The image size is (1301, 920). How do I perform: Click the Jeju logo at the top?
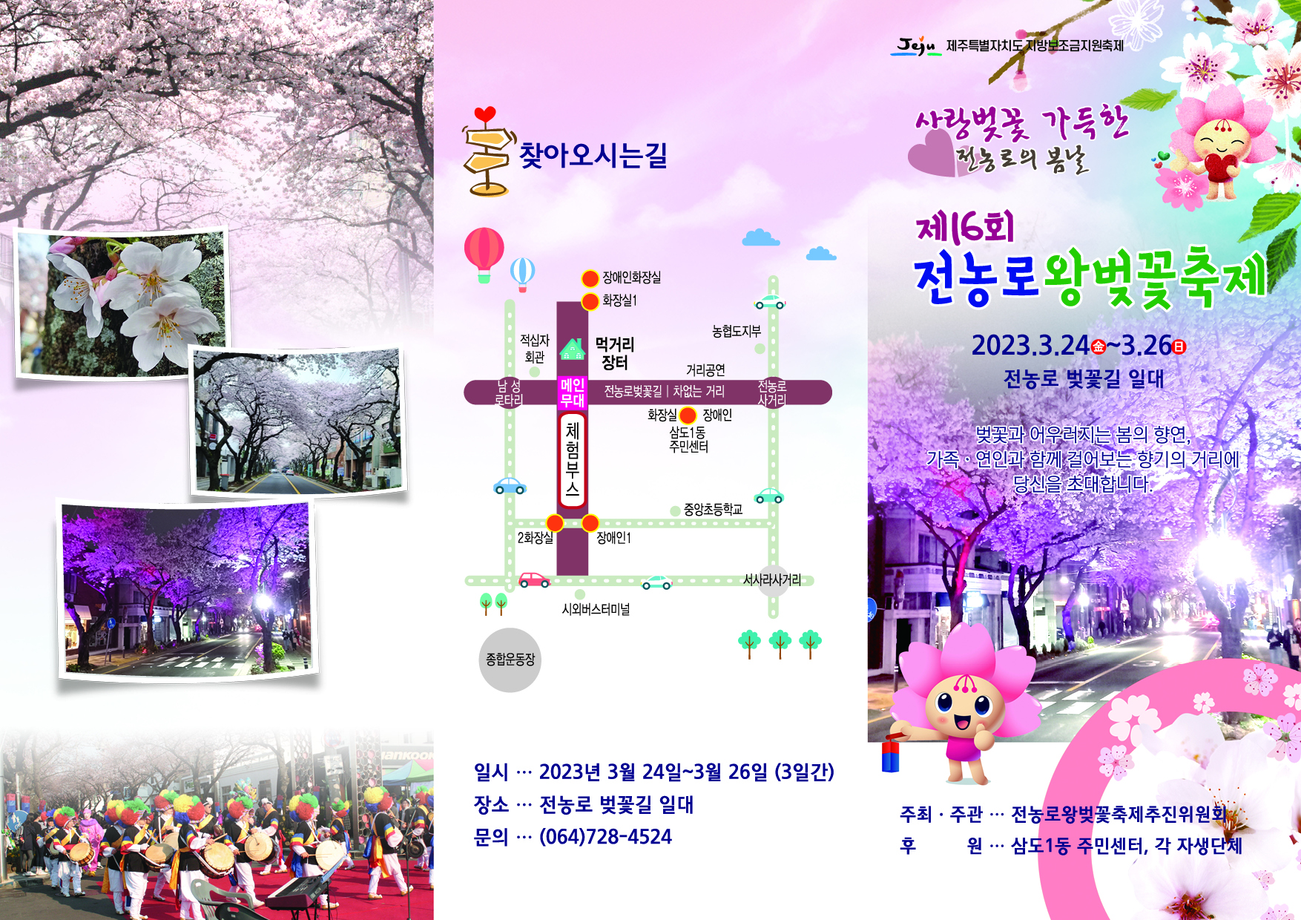pos(915,46)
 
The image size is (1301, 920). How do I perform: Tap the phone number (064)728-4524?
pos(605,837)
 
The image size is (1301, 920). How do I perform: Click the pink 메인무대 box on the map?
pos(572,392)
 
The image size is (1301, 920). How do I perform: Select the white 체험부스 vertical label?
pos(572,460)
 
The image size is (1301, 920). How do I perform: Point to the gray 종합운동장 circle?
pos(510,660)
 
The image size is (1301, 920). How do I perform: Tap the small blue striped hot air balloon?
pos(522,272)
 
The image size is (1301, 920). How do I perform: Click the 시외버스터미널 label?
pos(596,609)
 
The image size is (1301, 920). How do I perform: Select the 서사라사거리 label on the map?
pos(771,579)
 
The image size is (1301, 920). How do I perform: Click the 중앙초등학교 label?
pos(713,510)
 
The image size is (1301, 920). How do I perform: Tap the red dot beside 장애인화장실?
pos(590,278)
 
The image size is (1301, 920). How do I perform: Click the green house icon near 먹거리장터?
pos(572,349)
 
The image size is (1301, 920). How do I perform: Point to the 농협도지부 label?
pos(736,332)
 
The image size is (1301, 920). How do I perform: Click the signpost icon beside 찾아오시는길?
pos(487,152)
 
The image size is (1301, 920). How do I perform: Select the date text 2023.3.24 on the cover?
pos(1030,346)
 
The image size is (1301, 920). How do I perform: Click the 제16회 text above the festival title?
pos(964,228)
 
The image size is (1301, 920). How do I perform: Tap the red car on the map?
pos(533,579)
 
